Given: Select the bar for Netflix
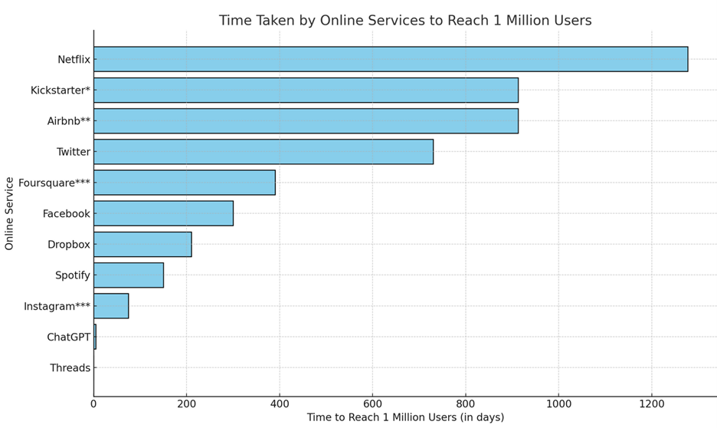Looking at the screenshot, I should [391, 59].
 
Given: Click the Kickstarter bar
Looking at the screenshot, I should [306, 90].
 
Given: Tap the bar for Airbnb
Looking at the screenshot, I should [306, 120].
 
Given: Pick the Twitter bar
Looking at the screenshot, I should [264, 152].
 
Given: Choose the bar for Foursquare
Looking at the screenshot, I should [184, 183].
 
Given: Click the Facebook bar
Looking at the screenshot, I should [163, 213].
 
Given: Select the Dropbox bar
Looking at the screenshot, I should [142, 244].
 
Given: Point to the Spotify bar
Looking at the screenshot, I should [129, 275].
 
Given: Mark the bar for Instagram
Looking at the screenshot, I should [111, 306].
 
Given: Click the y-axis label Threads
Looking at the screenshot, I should [70, 368].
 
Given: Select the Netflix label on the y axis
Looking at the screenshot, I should [74, 59].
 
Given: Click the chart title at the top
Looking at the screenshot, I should [405, 21].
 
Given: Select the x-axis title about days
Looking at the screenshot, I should [405, 418].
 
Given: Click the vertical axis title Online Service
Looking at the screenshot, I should [10, 213].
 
